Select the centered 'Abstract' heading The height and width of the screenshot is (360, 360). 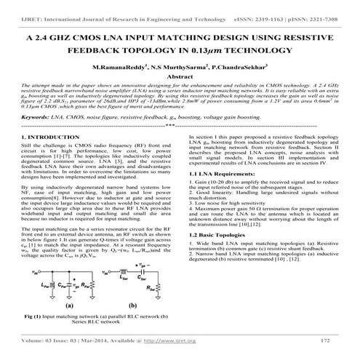click(x=180, y=76)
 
